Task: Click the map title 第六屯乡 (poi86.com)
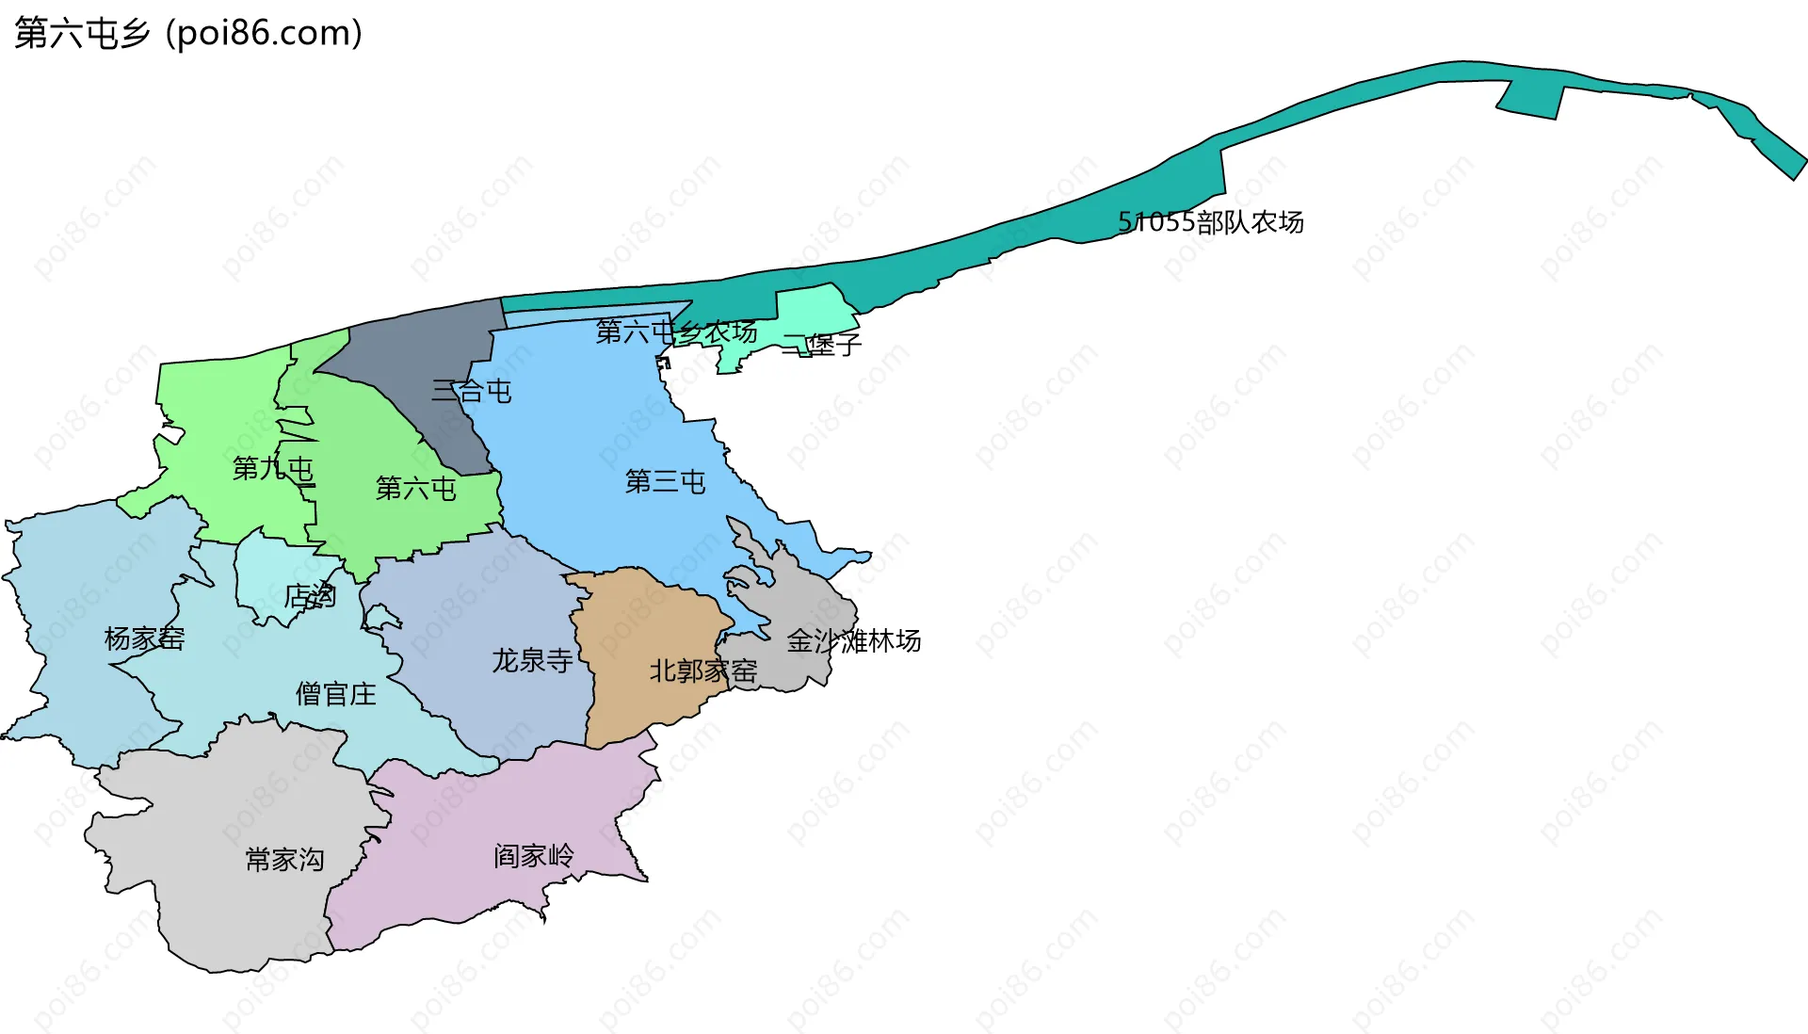point(188,33)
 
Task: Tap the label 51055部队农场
point(1210,222)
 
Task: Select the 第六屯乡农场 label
point(676,331)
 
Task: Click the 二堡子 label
point(821,345)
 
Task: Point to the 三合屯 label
point(471,391)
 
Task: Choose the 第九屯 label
point(272,468)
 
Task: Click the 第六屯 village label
point(415,488)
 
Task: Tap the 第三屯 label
point(665,482)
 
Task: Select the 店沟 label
point(310,596)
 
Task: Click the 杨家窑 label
point(144,638)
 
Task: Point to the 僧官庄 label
point(335,694)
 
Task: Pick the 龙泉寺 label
point(532,660)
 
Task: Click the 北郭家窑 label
point(702,670)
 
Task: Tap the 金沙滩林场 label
point(853,641)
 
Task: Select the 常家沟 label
point(284,859)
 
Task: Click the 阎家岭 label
point(533,855)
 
